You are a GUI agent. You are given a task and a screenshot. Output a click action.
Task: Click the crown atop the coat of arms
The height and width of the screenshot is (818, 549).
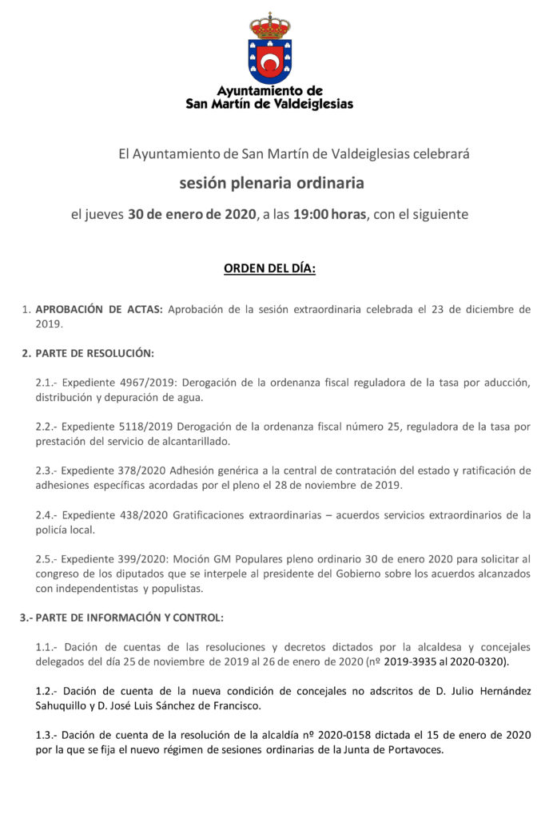[270, 26]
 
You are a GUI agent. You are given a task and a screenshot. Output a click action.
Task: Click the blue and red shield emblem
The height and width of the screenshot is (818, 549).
[270, 60]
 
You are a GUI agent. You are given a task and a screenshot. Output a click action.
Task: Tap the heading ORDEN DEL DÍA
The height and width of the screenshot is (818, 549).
[269, 269]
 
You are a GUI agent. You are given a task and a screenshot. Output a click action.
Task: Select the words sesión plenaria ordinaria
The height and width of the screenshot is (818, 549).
[272, 183]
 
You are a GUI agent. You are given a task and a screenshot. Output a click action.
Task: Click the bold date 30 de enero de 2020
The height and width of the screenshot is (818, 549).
[192, 214]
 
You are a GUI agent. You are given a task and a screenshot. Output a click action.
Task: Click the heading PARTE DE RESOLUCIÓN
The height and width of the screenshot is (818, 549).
[94, 353]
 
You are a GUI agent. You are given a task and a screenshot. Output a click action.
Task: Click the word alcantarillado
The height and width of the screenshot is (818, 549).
[197, 442]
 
